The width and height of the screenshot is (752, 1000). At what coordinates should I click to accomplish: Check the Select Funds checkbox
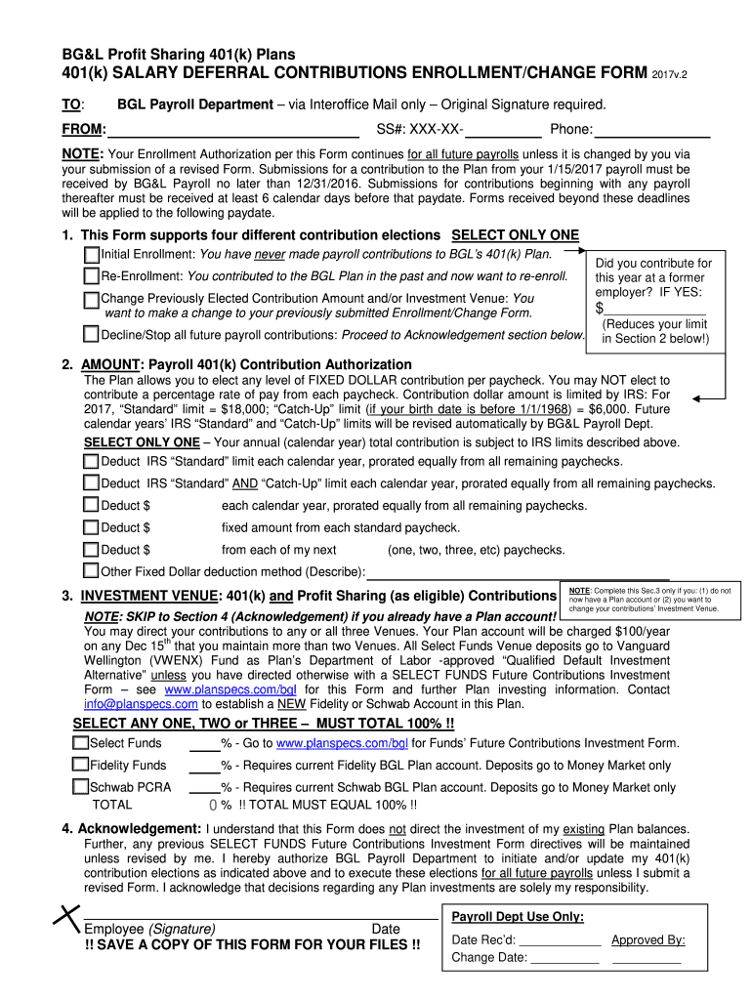tap(80, 743)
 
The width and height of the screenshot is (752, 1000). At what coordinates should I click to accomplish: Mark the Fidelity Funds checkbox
tap(80, 766)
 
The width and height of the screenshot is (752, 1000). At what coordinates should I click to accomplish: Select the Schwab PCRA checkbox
tap(80, 787)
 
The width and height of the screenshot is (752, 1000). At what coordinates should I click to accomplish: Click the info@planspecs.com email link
tap(141, 703)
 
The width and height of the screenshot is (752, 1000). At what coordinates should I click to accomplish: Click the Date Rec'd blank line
tap(560, 940)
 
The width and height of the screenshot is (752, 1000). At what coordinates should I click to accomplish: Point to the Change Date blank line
tap(564, 959)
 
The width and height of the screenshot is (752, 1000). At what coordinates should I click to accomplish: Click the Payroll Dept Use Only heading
tap(518, 917)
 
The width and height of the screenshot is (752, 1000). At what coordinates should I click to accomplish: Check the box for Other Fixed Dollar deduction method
tap(92, 571)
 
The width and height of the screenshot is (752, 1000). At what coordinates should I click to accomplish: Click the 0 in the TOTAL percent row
tap(213, 806)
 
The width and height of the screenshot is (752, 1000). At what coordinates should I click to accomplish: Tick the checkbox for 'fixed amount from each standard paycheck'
tap(92, 528)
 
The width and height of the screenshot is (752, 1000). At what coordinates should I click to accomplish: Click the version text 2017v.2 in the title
tap(674, 74)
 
